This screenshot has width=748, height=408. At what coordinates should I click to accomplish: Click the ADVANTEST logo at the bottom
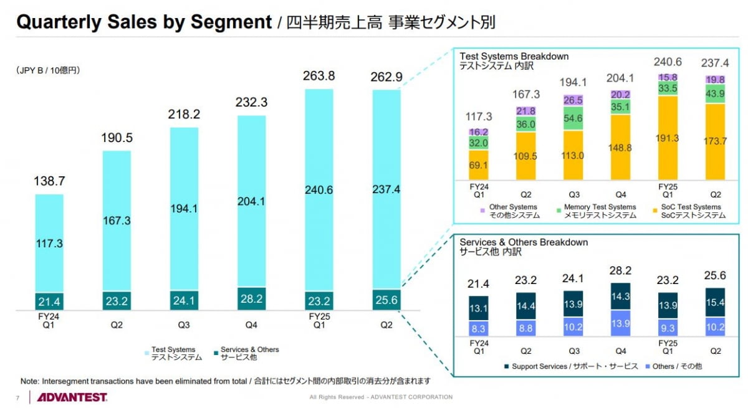(72, 397)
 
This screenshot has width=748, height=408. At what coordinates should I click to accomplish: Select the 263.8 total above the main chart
(319, 76)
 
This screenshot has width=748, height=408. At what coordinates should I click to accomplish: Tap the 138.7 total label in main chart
(49, 182)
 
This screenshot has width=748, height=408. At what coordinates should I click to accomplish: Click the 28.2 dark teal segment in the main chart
(251, 299)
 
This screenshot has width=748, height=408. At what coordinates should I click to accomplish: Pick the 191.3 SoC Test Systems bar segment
(667, 138)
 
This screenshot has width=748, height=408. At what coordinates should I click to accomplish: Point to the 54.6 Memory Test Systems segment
(573, 118)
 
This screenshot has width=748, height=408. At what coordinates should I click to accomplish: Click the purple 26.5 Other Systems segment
(573, 100)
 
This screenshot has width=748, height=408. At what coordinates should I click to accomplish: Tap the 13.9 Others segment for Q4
(621, 323)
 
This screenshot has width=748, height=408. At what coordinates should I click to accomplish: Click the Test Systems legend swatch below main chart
(146, 352)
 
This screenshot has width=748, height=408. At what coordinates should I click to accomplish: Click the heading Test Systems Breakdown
(514, 56)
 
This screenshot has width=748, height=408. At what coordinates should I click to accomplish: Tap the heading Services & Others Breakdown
(524, 242)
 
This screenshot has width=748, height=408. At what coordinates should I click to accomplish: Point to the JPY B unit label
(48, 71)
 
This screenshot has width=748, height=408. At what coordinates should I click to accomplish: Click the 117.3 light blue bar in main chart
(49, 243)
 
